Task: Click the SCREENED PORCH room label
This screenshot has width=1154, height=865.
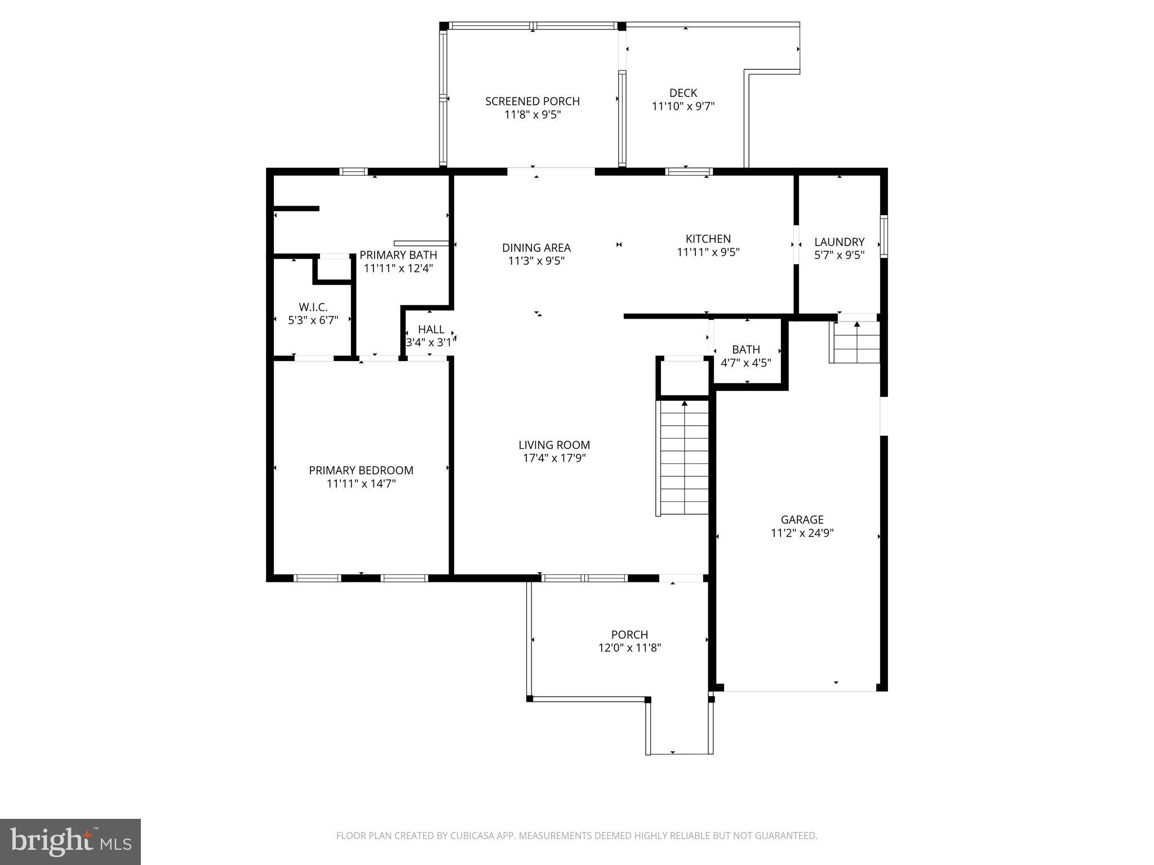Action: click(532, 101)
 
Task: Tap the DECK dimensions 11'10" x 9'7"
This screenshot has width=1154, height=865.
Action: click(683, 106)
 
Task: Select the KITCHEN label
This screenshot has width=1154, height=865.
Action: click(708, 239)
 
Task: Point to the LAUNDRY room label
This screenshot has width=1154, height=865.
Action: click(839, 242)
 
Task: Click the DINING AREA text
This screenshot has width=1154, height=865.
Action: click(536, 248)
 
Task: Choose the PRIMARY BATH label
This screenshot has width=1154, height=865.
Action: click(398, 255)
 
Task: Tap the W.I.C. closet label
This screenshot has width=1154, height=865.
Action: click(313, 307)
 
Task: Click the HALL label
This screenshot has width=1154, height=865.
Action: click(431, 329)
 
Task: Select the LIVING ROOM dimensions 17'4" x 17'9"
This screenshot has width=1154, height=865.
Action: click(554, 458)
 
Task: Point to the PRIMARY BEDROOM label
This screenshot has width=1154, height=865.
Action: click(361, 470)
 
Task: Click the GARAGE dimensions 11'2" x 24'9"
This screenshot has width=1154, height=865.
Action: click(802, 533)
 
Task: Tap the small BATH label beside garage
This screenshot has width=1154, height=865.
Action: click(745, 350)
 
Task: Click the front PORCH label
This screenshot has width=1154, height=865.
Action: click(629, 635)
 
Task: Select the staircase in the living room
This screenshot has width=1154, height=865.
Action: click(684, 457)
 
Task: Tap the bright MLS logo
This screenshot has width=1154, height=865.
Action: click(70, 841)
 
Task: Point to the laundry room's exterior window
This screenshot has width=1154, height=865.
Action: click(884, 237)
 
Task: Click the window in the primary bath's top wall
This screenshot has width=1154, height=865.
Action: click(353, 172)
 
